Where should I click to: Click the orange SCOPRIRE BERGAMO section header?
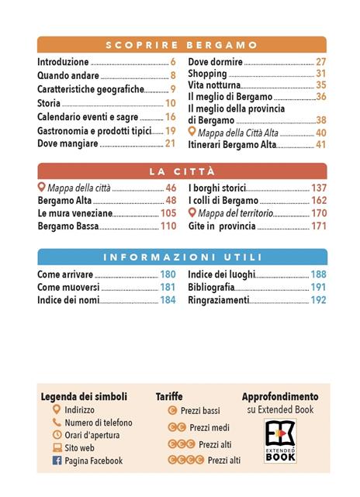182,45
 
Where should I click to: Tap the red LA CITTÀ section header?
182,171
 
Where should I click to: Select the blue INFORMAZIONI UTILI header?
182,257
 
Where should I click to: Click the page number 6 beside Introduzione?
173,62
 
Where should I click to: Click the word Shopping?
208,74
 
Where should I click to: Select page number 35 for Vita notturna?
320,85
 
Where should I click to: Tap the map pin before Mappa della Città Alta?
192,132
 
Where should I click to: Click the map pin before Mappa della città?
42,188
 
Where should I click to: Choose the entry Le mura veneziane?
75,213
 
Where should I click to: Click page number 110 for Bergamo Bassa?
168,226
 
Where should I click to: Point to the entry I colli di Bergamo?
223,201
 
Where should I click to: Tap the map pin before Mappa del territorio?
192,212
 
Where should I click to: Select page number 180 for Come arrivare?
168,274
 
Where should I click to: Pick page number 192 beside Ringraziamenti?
318,299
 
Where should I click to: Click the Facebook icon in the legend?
57,461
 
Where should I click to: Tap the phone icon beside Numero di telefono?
57,423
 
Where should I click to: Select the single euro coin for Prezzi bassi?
172,410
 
